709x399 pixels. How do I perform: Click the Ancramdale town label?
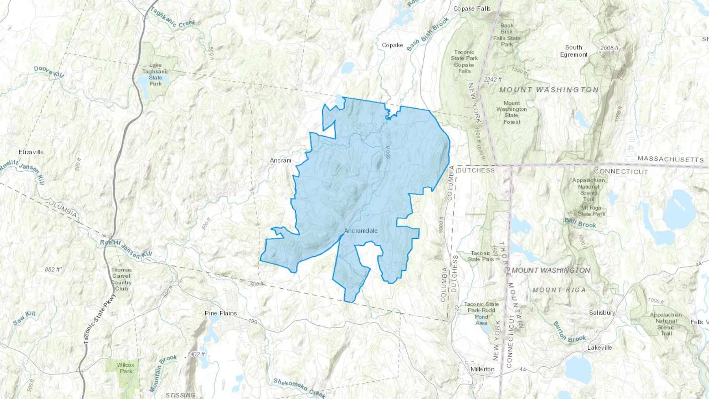pos(361,231)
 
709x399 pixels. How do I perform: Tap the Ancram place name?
pos(280,160)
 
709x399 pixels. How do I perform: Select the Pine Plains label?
pos(221,313)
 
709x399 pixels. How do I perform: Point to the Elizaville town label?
pos(31,152)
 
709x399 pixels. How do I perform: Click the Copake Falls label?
pos(472,9)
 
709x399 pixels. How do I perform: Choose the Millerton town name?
pos(482,369)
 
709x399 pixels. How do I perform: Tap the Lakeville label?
pos(599,347)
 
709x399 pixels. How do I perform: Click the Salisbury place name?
pos(602,313)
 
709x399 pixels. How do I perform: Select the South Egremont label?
pos(574,51)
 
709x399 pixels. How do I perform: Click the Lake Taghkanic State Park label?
pos(155,74)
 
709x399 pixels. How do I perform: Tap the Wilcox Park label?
pos(126,368)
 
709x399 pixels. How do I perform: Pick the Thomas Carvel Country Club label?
pos(121,279)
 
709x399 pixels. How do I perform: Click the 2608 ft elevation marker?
pos(609,48)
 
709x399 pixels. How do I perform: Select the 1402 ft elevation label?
pos(196,354)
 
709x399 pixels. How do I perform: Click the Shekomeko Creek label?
pos(299,388)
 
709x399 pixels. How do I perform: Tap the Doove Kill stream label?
pos(48,71)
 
